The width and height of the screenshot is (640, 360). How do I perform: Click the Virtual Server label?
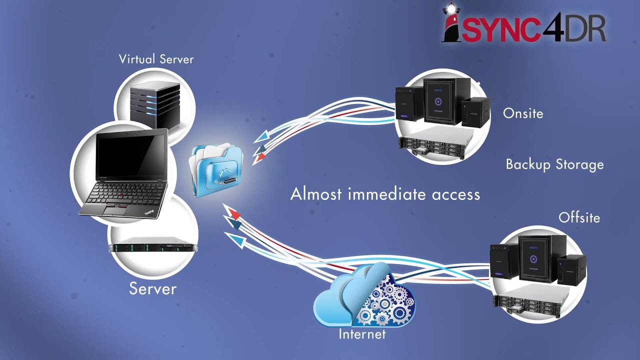[156, 59]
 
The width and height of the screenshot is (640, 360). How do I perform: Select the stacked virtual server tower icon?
[154, 105]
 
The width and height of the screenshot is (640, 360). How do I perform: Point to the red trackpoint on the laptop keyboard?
[120, 193]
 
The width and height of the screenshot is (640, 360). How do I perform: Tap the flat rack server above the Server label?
[153, 247]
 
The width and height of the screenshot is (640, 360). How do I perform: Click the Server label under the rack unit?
[152, 288]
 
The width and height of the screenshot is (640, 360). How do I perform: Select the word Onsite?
[522, 113]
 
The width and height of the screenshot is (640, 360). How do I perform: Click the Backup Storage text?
[554, 164]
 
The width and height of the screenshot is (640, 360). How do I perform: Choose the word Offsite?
[579, 217]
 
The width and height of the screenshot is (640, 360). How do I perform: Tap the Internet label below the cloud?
[362, 333]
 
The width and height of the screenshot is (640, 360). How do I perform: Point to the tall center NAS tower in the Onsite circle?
[440, 100]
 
